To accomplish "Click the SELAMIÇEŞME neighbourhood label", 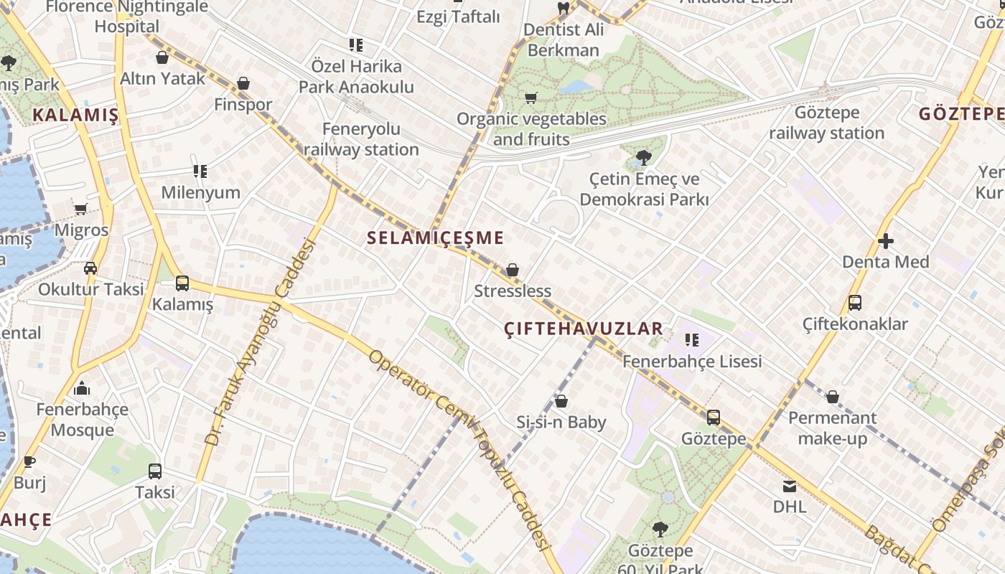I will point(435,238).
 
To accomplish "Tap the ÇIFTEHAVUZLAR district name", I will point(583,329).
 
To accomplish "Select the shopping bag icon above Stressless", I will point(513,270).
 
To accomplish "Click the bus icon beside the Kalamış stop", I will point(182,283).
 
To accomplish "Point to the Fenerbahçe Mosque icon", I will point(82,389).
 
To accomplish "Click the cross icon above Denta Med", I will point(886,241).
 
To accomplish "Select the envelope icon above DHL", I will point(790,486).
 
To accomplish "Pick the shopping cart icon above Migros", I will point(81,210).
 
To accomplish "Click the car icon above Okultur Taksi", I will point(90,268).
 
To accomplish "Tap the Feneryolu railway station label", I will point(361,139).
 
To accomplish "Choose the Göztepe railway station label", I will point(827,123).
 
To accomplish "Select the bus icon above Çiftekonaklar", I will point(854,303).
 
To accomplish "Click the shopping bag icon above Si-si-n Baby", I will point(561,401).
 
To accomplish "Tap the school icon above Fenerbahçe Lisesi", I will point(692,340).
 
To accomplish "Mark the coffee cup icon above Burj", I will point(29,461).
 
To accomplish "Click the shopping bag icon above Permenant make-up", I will point(833,397).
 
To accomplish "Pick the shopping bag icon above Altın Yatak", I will point(162,57).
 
